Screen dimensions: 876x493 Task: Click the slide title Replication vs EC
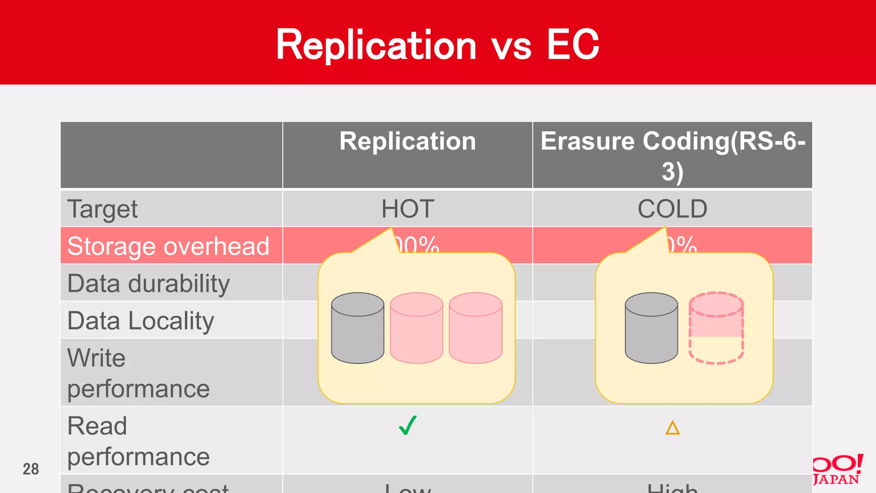(x=437, y=45)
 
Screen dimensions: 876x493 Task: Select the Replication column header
(x=408, y=141)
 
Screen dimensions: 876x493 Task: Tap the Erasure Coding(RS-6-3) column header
(x=672, y=156)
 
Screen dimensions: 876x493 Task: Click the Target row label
(x=103, y=209)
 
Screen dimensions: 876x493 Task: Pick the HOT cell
(x=408, y=209)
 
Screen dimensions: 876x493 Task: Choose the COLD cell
(x=672, y=209)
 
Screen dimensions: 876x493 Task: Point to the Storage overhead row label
(x=169, y=246)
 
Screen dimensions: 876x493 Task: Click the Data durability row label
(x=148, y=283)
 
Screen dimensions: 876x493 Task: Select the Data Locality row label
(x=141, y=321)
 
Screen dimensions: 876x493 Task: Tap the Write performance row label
(x=138, y=373)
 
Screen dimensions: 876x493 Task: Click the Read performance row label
(x=138, y=441)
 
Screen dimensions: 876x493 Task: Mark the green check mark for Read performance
(x=408, y=425)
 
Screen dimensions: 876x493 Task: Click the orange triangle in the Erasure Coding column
(x=672, y=428)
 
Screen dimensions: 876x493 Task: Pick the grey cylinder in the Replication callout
(x=358, y=328)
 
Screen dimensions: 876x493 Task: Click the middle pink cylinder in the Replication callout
(x=416, y=328)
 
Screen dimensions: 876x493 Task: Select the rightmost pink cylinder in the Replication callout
(x=475, y=328)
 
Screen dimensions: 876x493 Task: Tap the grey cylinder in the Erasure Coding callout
(x=651, y=328)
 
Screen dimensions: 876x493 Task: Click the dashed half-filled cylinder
(x=716, y=328)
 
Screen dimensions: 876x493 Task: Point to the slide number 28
(x=31, y=469)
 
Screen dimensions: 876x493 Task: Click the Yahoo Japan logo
(x=838, y=470)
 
